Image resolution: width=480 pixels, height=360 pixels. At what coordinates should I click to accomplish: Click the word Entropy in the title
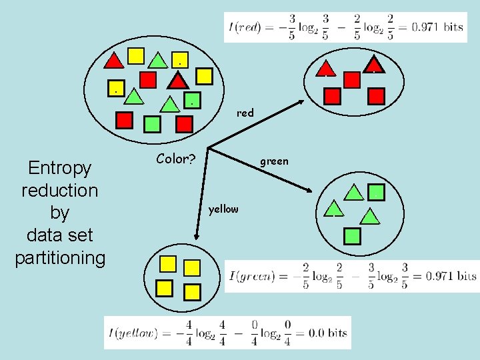59,167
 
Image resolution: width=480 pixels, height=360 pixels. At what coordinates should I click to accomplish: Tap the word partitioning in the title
60,258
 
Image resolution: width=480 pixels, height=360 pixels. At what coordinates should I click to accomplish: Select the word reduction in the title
59,190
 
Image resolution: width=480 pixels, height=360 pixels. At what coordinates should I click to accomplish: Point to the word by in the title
59,213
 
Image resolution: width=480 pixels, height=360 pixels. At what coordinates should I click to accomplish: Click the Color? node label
175,159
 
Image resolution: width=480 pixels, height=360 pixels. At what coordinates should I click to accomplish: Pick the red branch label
245,113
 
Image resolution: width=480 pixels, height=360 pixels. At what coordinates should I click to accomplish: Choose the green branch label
274,161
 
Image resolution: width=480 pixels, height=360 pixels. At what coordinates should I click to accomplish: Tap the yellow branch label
223,209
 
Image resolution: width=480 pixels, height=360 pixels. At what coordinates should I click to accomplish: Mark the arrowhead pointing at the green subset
309,191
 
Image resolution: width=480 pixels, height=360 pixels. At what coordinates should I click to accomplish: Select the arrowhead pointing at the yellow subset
197,236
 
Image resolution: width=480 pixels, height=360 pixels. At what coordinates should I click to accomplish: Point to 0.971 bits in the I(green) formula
452,275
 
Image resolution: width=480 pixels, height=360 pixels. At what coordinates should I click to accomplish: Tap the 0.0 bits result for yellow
327,333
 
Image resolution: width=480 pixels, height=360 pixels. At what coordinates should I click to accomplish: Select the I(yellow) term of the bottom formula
131,333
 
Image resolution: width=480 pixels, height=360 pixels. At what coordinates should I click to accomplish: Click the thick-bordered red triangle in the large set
178,81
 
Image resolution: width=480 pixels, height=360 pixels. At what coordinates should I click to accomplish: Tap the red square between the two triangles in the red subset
352,80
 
